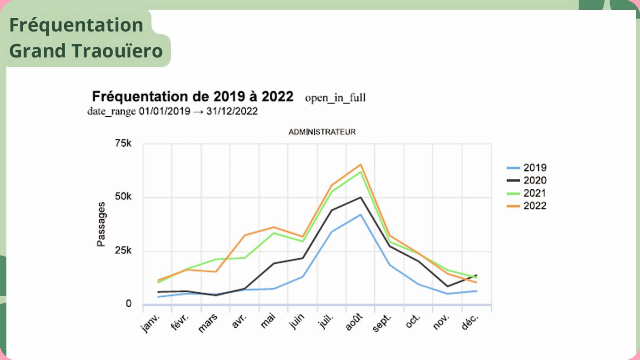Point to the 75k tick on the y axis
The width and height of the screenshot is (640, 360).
[x=123, y=143]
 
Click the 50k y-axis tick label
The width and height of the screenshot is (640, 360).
[x=123, y=197]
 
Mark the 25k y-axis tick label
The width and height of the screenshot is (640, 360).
[x=123, y=251]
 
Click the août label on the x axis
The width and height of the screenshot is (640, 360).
[x=354, y=322]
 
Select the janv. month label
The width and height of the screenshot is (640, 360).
[x=150, y=323]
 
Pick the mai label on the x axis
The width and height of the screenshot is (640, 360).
[x=268, y=321]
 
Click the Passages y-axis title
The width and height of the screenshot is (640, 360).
[x=101, y=224]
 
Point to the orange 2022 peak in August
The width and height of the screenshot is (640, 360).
[x=360, y=165]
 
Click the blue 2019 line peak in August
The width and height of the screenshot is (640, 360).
[x=360, y=215]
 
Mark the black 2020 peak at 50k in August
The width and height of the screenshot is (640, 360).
[x=360, y=197]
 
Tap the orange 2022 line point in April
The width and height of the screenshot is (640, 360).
[x=244, y=235]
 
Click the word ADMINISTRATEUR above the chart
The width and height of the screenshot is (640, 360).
[x=322, y=132]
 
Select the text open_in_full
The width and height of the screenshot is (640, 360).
[x=335, y=98]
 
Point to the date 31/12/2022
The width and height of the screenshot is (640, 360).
[x=232, y=111]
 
